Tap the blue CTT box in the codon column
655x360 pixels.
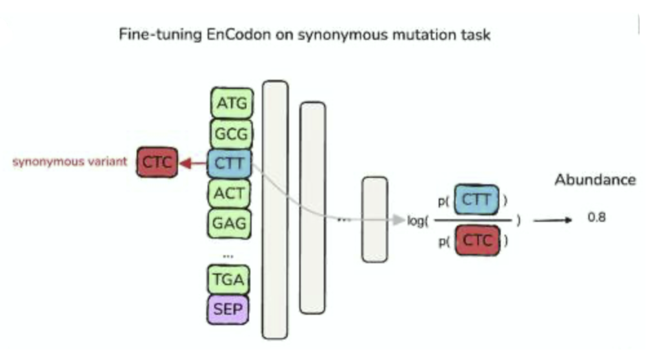tap(229, 163)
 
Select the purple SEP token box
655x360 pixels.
tap(228, 310)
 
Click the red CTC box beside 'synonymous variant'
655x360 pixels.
tap(156, 163)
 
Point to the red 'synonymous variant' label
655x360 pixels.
tap(70, 161)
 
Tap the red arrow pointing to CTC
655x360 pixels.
tap(192, 163)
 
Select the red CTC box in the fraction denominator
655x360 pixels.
tap(477, 241)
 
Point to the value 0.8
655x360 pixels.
tap(596, 218)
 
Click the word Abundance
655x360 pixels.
tap(595, 180)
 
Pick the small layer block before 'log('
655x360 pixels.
tap(374, 219)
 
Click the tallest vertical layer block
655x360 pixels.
tap(275, 209)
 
